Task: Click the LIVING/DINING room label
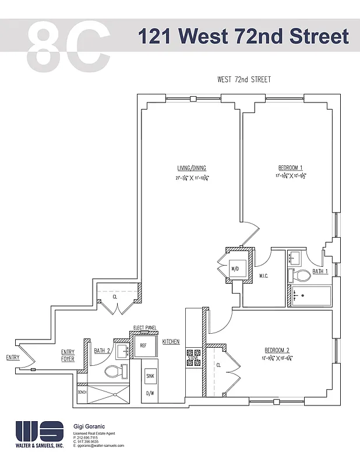(x=192, y=168)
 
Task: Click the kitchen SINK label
(x=150, y=376)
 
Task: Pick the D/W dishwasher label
(x=150, y=394)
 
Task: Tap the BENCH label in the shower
(x=82, y=393)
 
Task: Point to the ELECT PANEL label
(x=144, y=327)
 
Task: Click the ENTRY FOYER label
(x=68, y=355)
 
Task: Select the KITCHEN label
(x=171, y=341)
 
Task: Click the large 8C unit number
(x=68, y=46)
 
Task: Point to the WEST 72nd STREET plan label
(x=243, y=80)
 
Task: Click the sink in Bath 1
(x=295, y=257)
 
